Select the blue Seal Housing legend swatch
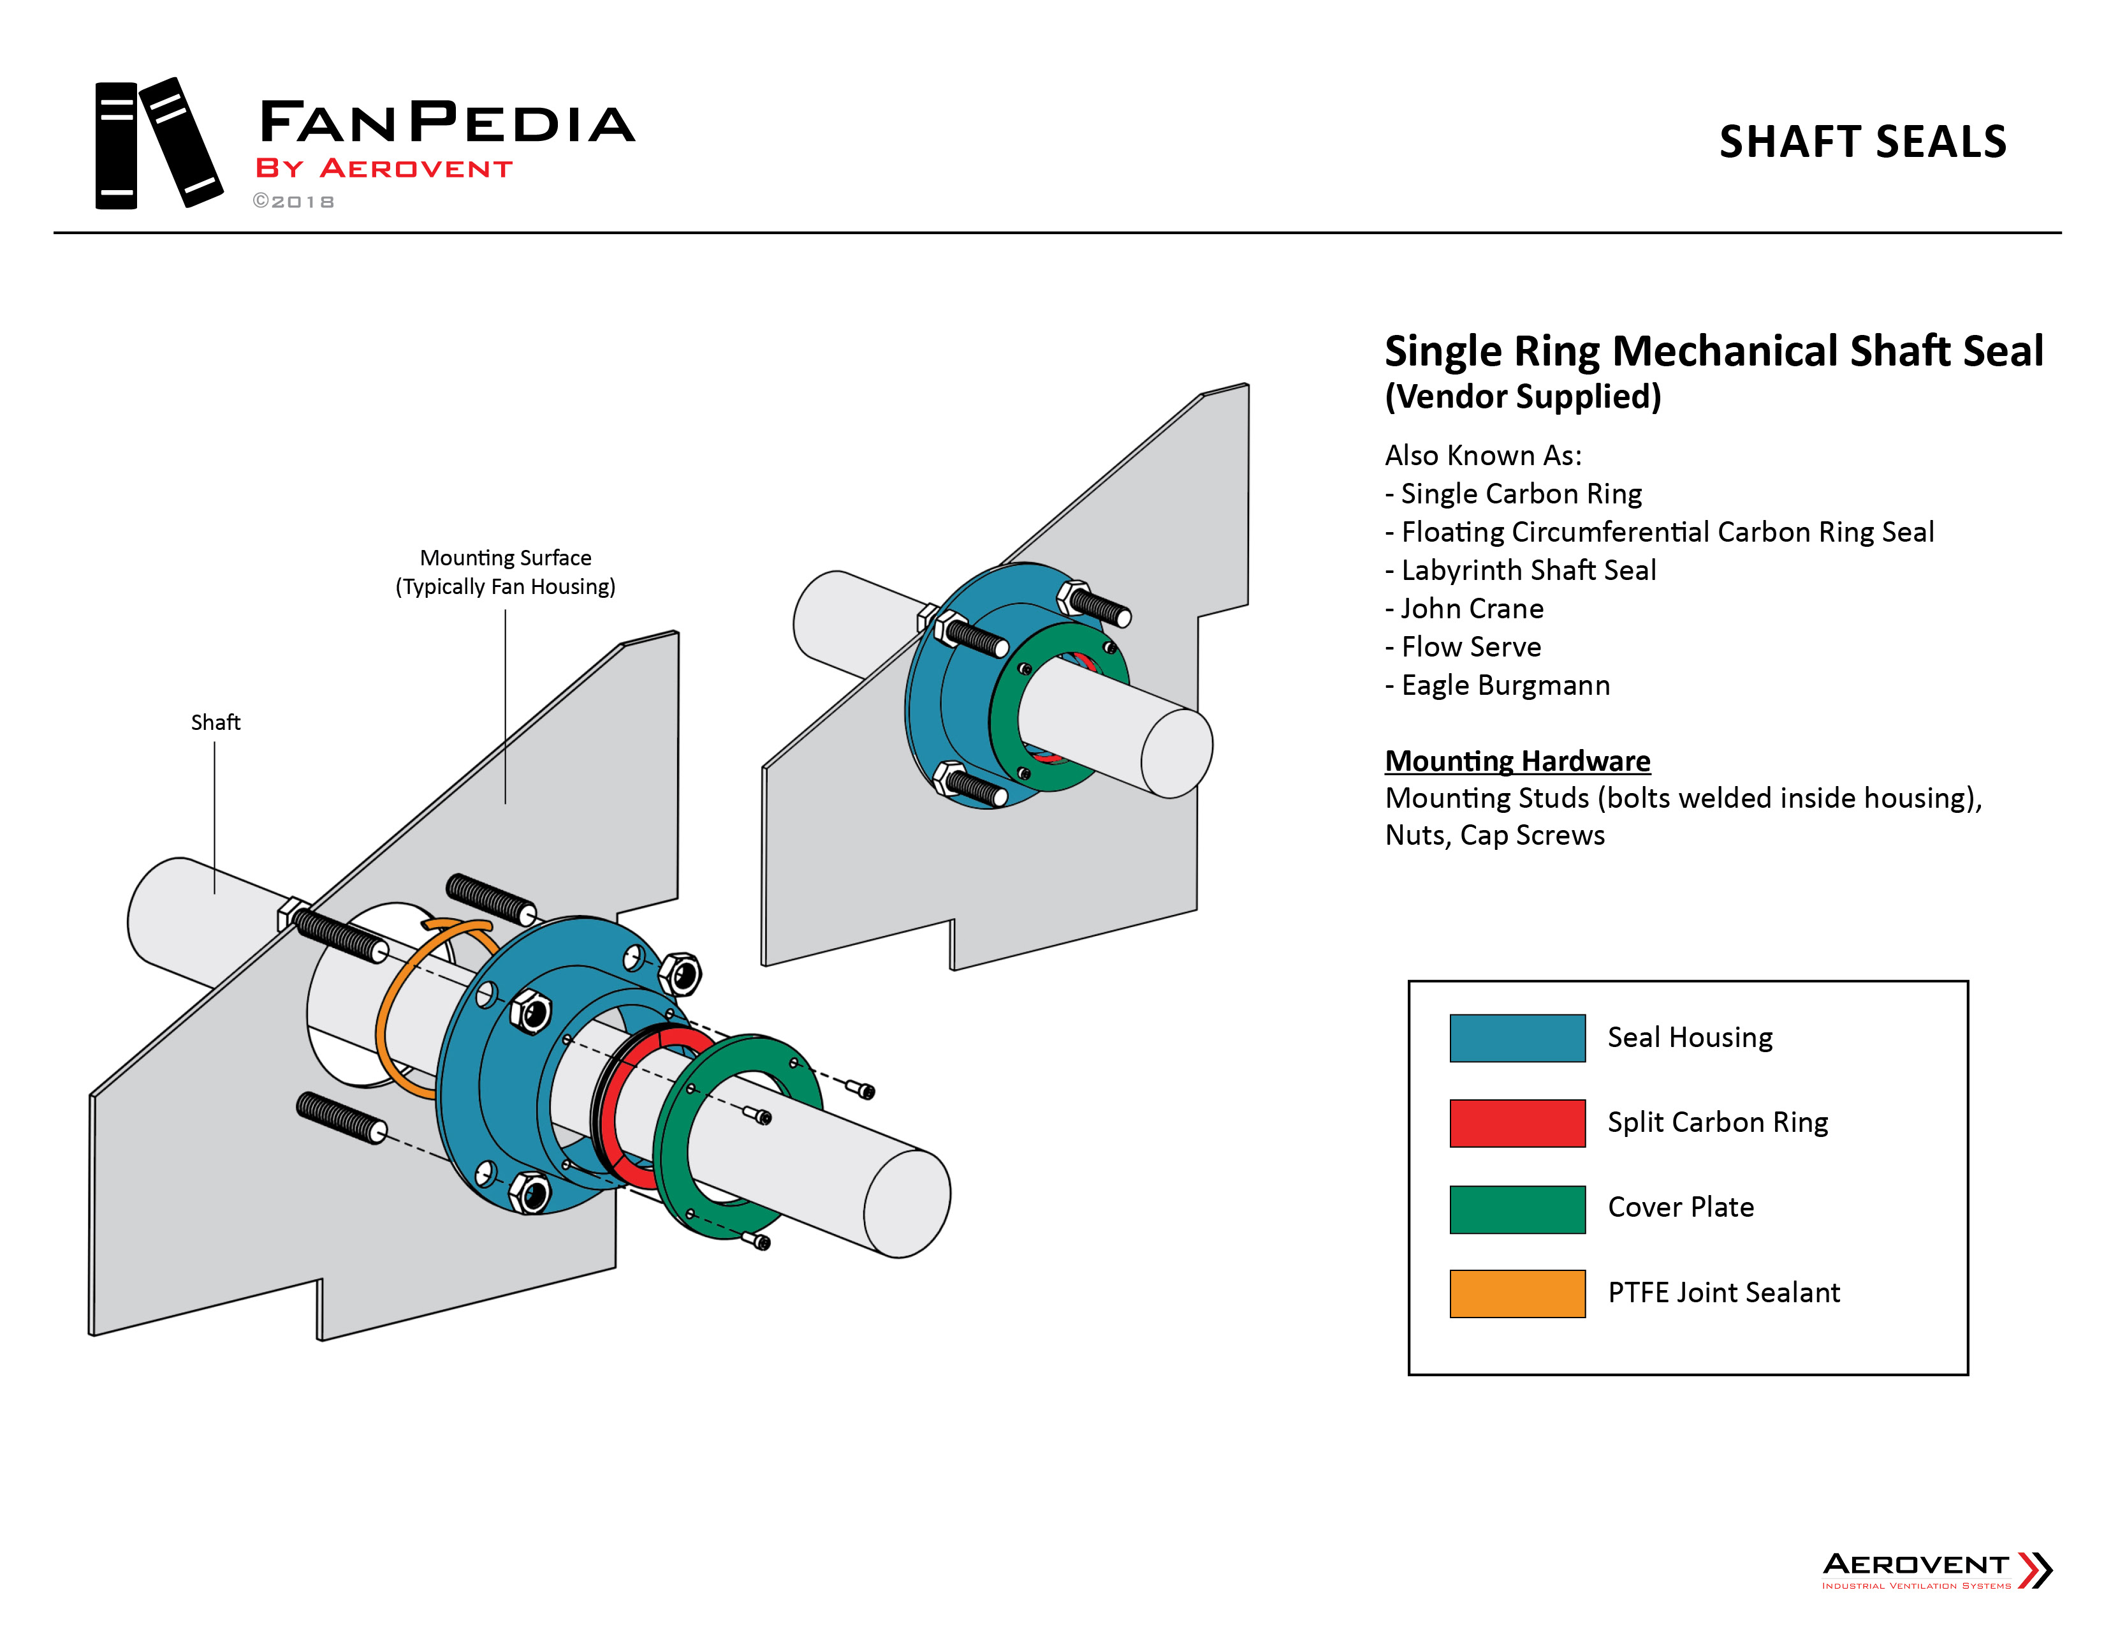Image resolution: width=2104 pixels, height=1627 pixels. coord(1516,1038)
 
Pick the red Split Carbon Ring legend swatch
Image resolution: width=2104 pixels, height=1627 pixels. coord(1516,1123)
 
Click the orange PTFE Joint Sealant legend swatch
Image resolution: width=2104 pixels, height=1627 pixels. coord(1516,1293)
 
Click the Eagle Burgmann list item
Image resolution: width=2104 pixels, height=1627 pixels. coord(1504,685)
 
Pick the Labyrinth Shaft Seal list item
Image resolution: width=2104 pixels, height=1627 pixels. coord(1528,570)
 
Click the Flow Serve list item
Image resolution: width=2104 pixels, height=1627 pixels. coord(1470,647)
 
